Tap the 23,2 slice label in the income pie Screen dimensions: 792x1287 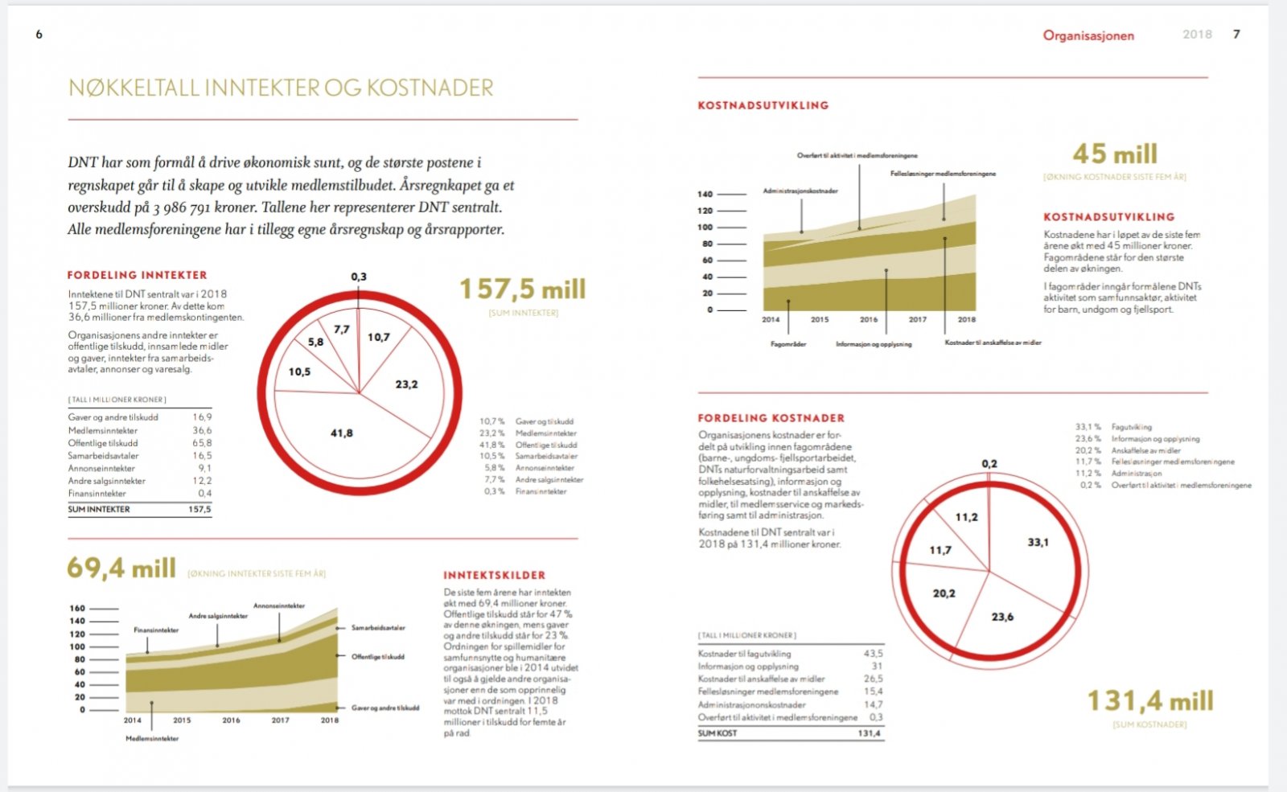point(406,384)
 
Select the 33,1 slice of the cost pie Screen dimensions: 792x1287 point(1038,543)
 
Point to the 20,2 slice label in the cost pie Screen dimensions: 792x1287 point(944,593)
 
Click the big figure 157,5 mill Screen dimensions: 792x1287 point(523,289)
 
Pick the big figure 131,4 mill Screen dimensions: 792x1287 point(1150,701)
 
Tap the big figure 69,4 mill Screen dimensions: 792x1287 point(121,568)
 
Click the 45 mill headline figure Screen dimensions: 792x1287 point(1115,154)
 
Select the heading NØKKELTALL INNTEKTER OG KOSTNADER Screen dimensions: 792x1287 point(281,88)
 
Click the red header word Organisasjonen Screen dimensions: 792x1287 point(1088,35)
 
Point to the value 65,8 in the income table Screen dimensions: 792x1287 point(202,443)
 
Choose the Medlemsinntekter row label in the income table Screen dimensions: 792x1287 point(103,430)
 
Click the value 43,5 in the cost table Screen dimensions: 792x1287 point(873,654)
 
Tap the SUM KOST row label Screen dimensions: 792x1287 point(718,733)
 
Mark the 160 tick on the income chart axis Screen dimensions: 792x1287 point(77,608)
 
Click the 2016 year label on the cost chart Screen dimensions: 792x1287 point(869,319)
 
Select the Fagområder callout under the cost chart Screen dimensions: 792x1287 point(788,344)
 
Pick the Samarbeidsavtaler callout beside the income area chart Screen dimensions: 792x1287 point(378,628)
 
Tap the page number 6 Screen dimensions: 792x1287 point(39,35)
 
